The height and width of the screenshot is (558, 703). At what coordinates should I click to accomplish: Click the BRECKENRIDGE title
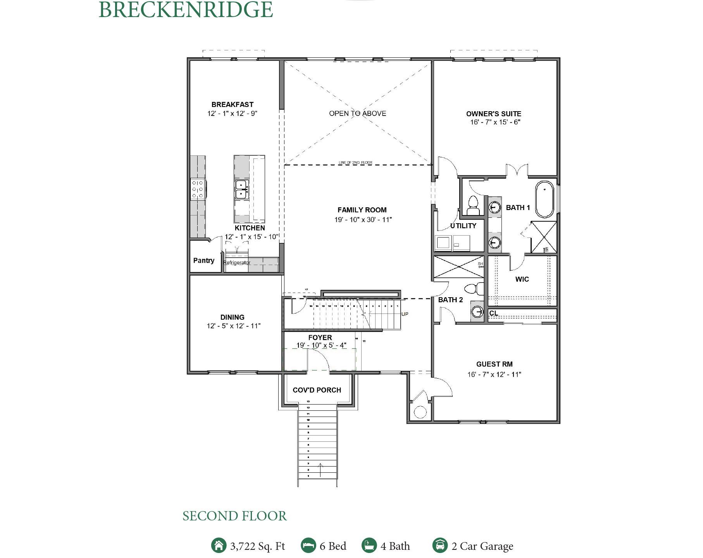tap(186, 10)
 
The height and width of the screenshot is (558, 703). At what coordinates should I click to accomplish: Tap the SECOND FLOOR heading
tap(234, 516)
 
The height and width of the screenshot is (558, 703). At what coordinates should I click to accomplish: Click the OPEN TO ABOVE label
tap(357, 114)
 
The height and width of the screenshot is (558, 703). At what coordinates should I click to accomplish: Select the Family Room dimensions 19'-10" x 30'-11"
tap(363, 220)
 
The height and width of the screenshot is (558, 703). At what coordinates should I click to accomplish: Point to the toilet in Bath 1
tap(473, 206)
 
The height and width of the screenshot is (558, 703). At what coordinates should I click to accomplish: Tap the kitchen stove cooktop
tap(198, 189)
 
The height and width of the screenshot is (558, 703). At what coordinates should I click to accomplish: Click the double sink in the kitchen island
tap(241, 189)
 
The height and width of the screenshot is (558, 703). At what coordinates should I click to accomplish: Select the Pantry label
tap(203, 260)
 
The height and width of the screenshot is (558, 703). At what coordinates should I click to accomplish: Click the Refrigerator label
tap(237, 263)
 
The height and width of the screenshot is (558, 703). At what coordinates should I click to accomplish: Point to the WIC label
tap(522, 279)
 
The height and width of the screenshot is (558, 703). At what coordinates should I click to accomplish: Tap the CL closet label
tap(493, 313)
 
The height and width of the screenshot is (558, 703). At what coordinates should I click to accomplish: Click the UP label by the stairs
tap(405, 314)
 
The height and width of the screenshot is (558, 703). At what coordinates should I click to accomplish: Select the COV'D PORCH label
tap(317, 390)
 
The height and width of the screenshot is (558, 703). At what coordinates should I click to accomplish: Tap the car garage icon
tap(440, 545)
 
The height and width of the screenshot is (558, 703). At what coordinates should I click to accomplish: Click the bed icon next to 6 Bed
tap(308, 545)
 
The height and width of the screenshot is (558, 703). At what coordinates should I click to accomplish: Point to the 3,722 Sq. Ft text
tap(257, 546)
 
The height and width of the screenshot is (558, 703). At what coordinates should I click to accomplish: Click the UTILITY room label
tap(463, 226)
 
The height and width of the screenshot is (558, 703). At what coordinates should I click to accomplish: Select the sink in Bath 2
tap(477, 312)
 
